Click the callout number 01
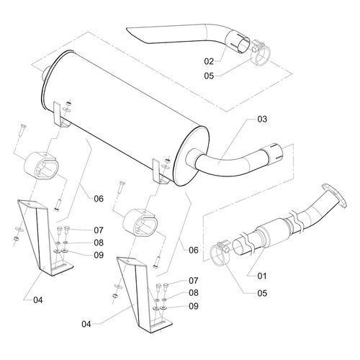(262, 276)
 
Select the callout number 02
(209, 61)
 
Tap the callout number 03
(262, 119)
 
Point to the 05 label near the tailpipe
(209, 76)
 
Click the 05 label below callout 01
(262, 293)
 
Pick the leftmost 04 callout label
(37, 300)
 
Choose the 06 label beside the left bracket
(99, 199)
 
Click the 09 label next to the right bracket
(194, 306)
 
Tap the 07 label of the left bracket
(99, 230)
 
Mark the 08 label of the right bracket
(194, 293)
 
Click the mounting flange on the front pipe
(334, 195)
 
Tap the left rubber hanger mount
(41, 166)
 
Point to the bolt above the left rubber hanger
(23, 130)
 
